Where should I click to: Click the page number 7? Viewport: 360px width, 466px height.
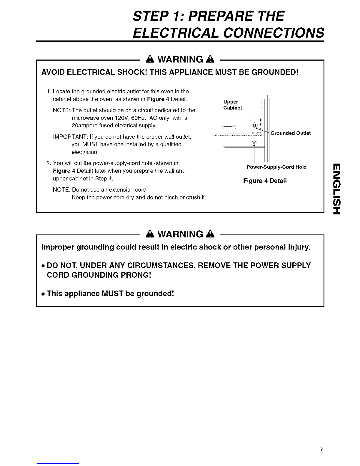322,441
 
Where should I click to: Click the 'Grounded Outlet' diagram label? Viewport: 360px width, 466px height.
291,133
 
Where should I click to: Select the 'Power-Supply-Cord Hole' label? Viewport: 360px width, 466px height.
276,167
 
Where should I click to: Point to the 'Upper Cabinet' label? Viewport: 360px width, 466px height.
232,105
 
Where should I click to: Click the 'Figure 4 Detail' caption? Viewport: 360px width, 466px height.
265,181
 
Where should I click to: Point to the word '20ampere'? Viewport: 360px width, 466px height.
84,126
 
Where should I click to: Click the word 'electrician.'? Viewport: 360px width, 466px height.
85,152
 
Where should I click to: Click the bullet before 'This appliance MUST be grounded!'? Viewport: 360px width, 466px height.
43,294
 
